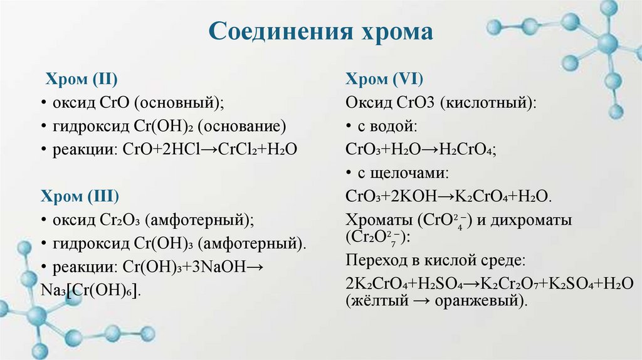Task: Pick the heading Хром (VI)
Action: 384,80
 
